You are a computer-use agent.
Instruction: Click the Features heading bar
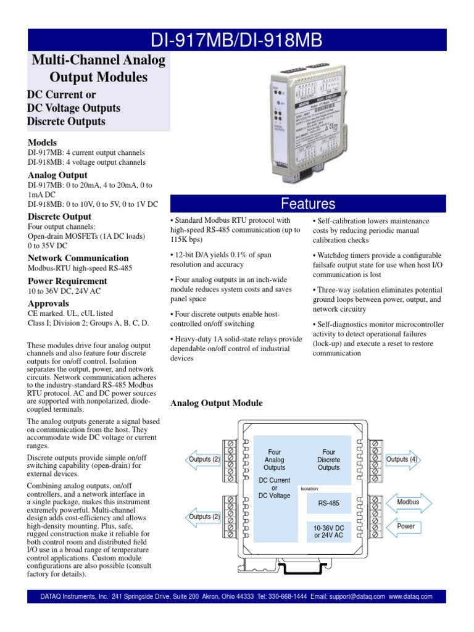click(x=308, y=204)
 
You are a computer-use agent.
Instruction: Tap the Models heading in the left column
click(x=42, y=142)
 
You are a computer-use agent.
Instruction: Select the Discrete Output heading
click(x=59, y=217)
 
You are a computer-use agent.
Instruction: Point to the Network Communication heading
click(x=78, y=258)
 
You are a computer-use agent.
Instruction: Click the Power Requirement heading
click(x=68, y=281)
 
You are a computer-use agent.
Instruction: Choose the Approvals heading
click(x=49, y=304)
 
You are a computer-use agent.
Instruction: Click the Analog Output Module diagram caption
click(x=216, y=403)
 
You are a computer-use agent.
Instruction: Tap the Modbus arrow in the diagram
click(x=408, y=502)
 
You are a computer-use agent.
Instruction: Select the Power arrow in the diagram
click(x=406, y=526)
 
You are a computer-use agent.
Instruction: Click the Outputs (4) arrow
click(x=402, y=459)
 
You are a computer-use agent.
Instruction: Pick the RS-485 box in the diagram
click(x=328, y=503)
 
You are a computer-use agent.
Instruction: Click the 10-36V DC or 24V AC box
click(x=328, y=532)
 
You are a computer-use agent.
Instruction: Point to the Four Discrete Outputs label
click(x=328, y=460)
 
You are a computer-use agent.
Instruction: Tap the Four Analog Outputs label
click(x=274, y=460)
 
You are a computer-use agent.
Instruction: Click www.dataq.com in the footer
click(x=410, y=597)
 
